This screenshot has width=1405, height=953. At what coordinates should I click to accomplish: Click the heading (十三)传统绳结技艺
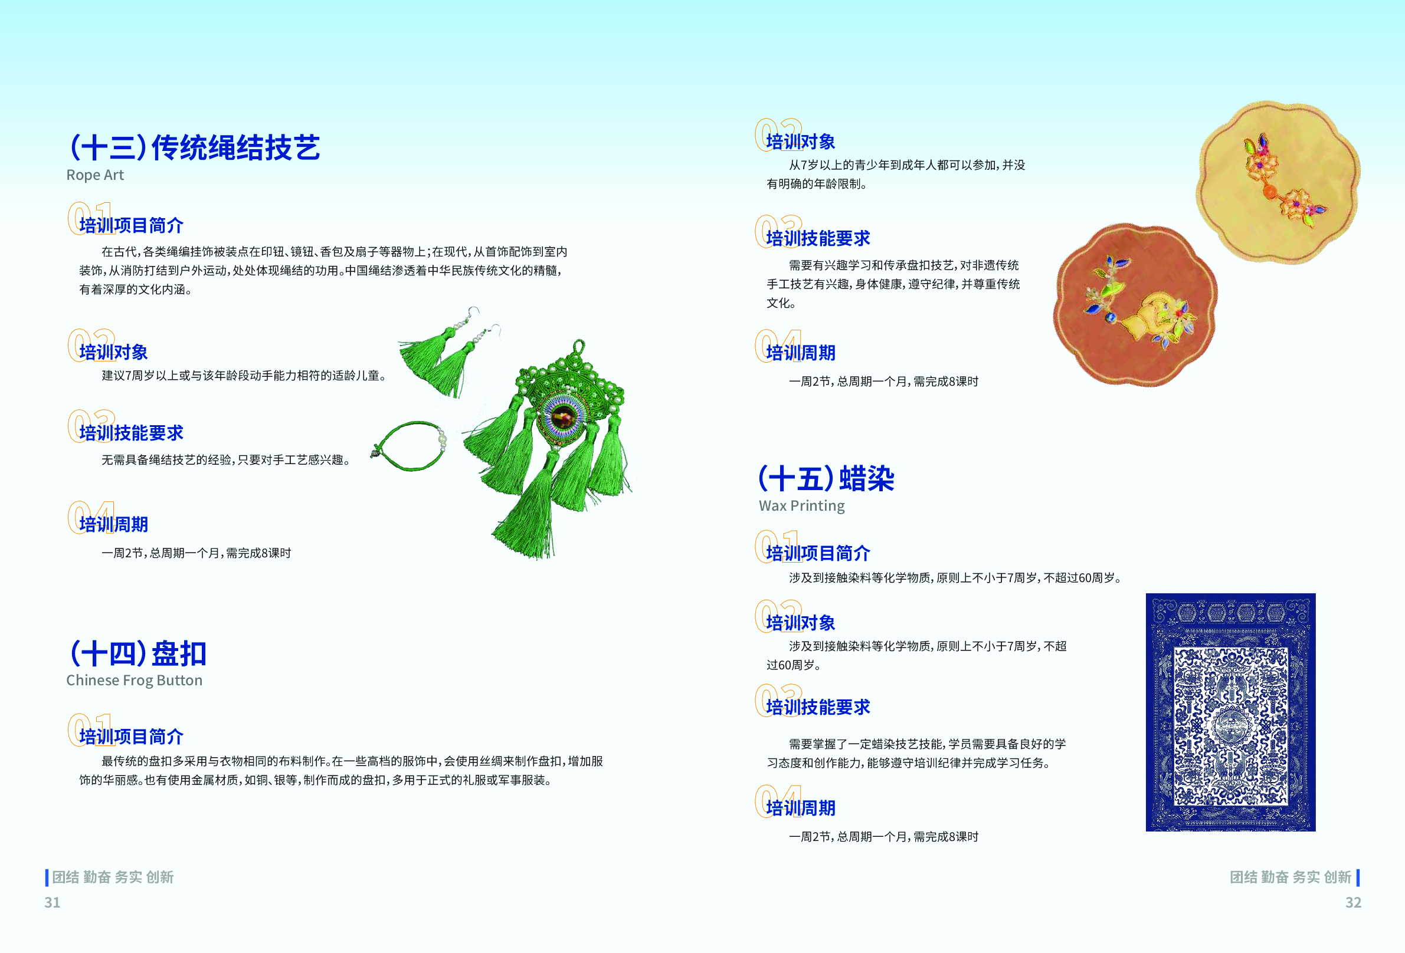click(x=195, y=147)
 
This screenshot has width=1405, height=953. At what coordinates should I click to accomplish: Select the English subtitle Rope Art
click(x=95, y=175)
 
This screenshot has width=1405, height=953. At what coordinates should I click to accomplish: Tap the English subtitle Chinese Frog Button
click(x=134, y=681)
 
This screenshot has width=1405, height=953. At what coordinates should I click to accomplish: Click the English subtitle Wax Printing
click(x=802, y=506)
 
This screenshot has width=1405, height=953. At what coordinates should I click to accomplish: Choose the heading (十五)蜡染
click(x=827, y=479)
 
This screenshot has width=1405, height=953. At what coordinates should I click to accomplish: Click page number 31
click(x=53, y=902)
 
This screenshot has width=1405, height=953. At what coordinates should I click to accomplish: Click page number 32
click(x=1353, y=902)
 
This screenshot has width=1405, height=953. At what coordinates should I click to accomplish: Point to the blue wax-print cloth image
click(x=1230, y=712)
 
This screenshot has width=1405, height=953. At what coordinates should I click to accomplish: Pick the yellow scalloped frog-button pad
click(x=1278, y=182)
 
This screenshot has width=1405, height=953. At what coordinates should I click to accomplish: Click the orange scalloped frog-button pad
click(x=1135, y=304)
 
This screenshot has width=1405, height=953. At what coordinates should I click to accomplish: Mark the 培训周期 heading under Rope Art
click(x=114, y=524)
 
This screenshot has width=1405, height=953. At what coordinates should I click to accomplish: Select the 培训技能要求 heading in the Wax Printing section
click(x=818, y=707)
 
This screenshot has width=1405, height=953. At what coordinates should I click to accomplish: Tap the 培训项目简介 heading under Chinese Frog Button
click(x=131, y=737)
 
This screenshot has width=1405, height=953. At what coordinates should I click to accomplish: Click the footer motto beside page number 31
click(x=113, y=877)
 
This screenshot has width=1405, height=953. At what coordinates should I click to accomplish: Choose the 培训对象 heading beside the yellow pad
click(x=800, y=142)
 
